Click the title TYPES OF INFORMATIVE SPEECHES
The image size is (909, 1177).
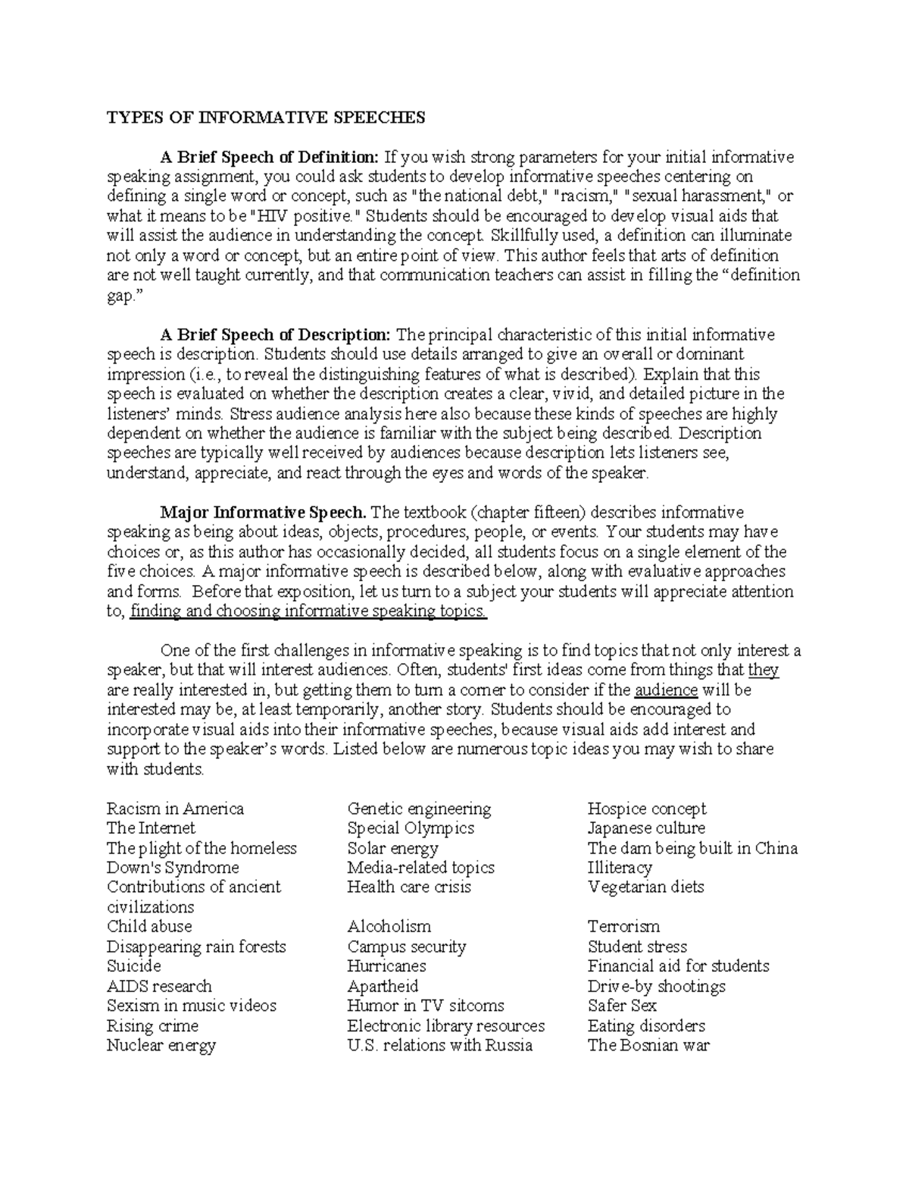(266, 117)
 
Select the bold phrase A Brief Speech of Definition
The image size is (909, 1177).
(269, 157)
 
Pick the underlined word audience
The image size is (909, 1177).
(666, 690)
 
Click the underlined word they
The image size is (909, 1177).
(763, 670)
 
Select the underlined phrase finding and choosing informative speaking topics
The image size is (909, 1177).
(308, 611)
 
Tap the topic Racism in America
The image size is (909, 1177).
(175, 809)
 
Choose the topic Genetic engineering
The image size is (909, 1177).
(419, 809)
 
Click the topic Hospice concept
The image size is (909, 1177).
(646, 809)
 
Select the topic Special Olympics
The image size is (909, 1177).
(411, 828)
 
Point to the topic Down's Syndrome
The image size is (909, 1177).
(173, 868)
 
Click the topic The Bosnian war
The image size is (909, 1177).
(648, 1046)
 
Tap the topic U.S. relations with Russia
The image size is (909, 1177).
(439, 1046)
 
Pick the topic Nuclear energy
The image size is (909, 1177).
(161, 1046)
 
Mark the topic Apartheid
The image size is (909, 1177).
(383, 986)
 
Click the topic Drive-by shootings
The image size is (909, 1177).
(656, 986)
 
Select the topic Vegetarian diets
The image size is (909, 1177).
(645, 887)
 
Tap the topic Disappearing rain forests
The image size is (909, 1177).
(196, 947)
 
